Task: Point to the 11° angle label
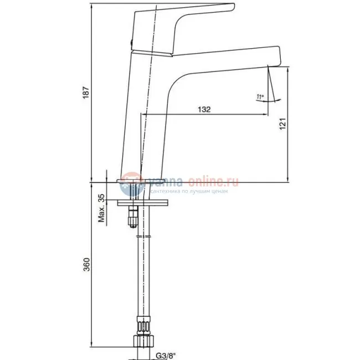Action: [260, 97]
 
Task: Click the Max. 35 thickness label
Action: [101, 208]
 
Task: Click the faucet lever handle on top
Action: [183, 22]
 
